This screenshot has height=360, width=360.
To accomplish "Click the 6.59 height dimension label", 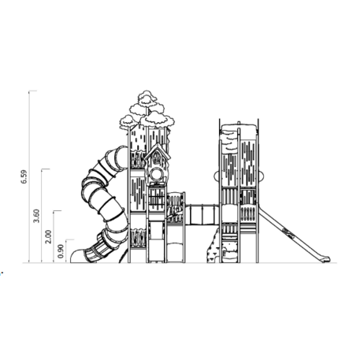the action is coord(24,177).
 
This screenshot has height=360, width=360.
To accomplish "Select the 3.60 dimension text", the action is coord(37,216).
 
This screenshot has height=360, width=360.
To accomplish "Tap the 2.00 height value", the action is coord(48,237).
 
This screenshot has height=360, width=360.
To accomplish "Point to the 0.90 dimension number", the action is coord(61,251).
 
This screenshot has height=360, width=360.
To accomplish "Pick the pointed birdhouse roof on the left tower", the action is coord(157,151).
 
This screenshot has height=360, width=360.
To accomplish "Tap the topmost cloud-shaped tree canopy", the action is coord(147,96).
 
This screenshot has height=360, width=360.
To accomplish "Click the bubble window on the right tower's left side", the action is coord(217,176).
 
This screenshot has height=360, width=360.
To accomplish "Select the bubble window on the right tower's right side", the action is coord(261,176).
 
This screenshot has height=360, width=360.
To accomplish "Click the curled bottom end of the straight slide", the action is coord(325,259).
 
